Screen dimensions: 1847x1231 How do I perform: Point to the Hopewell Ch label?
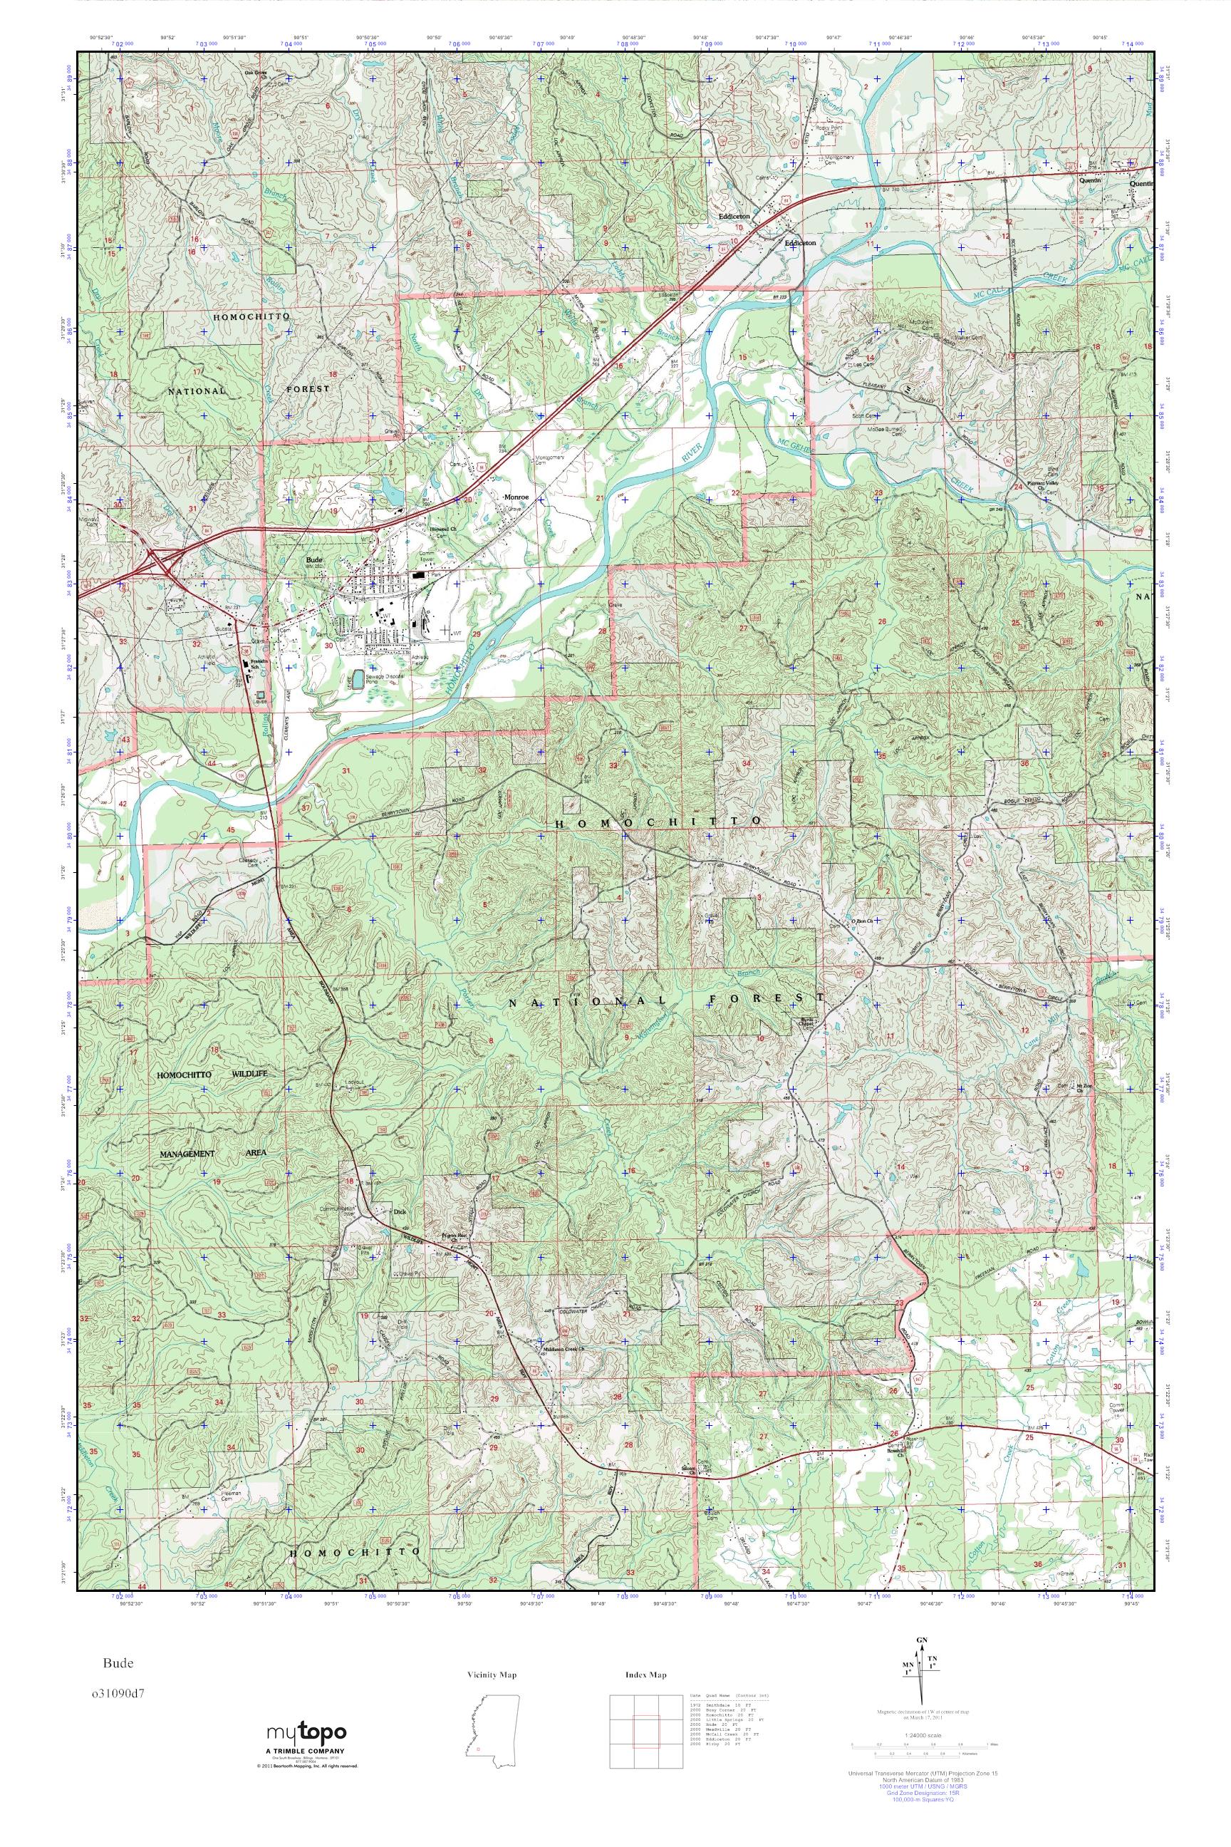point(445,529)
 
